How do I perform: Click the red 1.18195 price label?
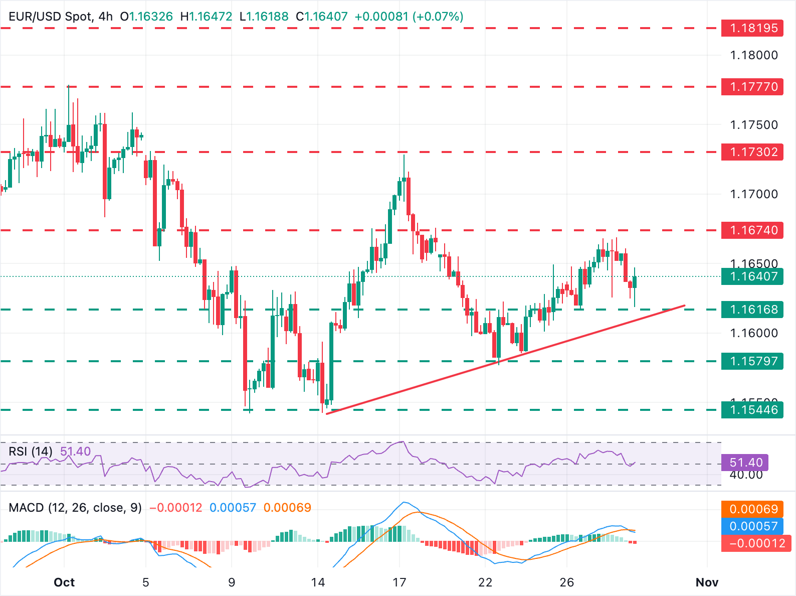click(752, 28)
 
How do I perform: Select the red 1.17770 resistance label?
click(752, 87)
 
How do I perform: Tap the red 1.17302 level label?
click(752, 152)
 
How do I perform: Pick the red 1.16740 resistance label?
click(752, 230)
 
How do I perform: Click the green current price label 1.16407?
click(752, 276)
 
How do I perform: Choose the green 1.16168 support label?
click(752, 310)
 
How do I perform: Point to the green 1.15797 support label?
click(752, 361)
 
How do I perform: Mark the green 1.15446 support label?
click(752, 410)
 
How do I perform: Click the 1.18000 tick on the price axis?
click(754, 55)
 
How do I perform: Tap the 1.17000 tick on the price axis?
click(754, 194)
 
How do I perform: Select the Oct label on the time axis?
click(64, 582)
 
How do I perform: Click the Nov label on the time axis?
click(707, 582)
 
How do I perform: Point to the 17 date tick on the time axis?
click(399, 582)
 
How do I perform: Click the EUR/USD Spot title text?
click(50, 17)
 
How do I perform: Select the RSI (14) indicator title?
click(31, 452)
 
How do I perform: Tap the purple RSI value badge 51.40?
click(746, 463)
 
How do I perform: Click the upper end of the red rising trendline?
click(684, 305)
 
